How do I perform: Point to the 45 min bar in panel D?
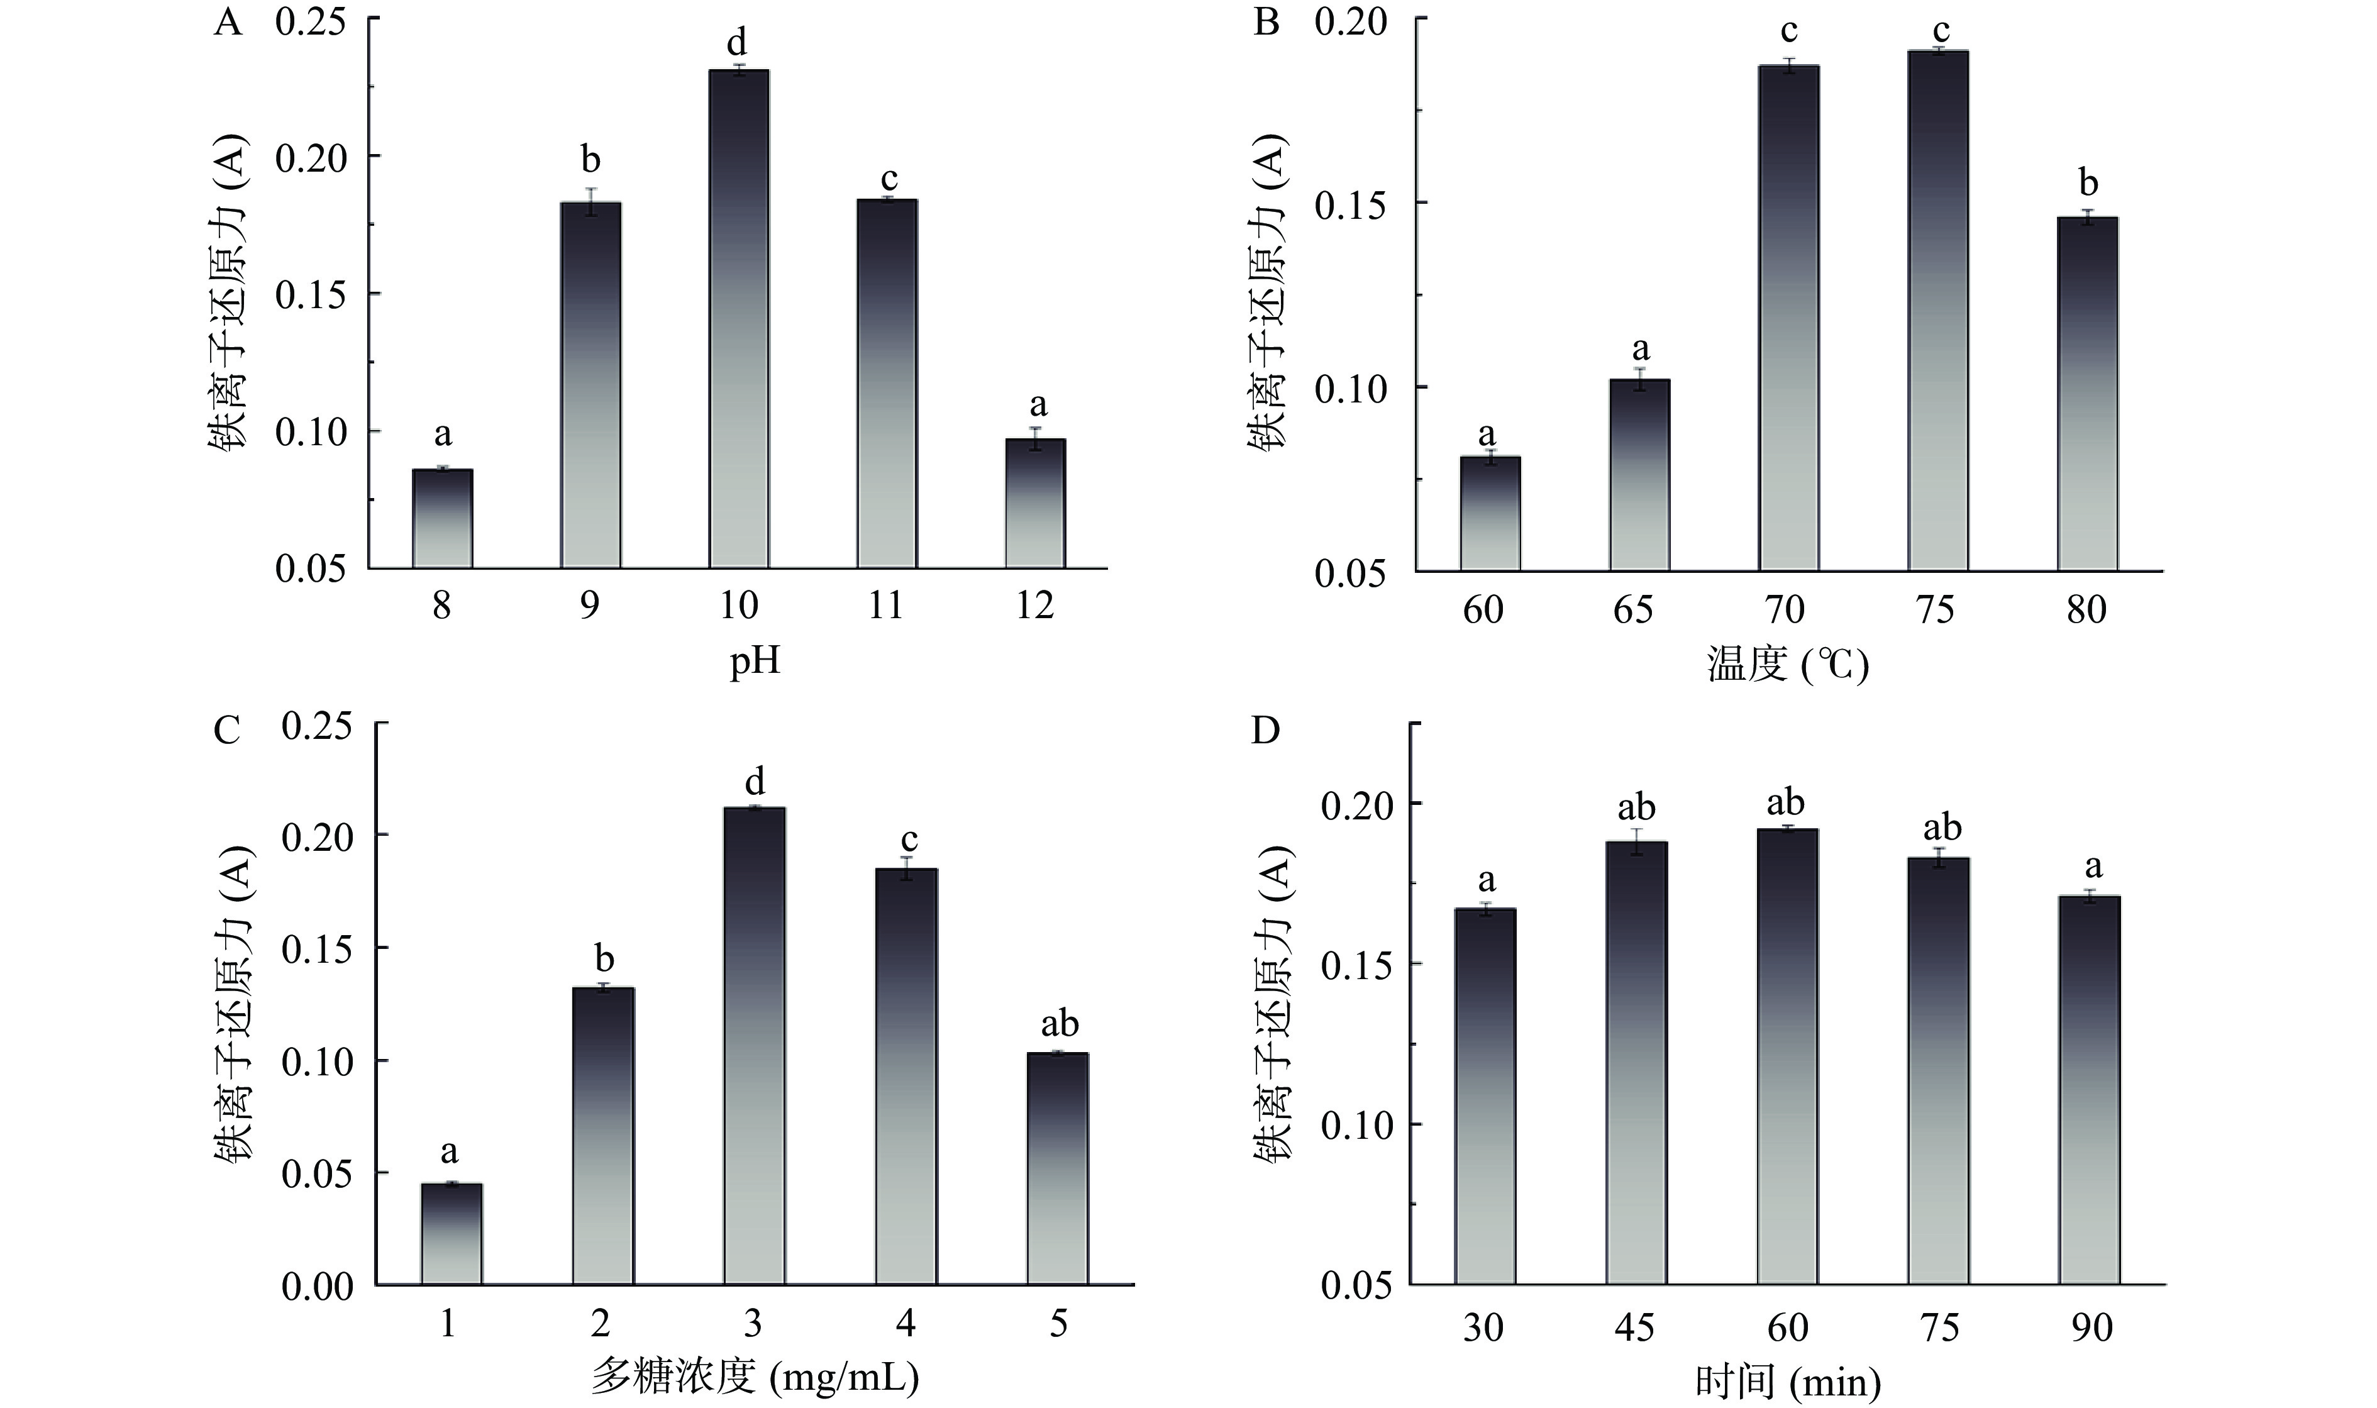click(x=1636, y=1063)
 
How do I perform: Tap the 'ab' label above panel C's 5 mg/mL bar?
click(x=1060, y=1024)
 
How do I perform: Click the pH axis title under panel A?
click(x=754, y=660)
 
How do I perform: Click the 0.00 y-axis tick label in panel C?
click(x=317, y=1287)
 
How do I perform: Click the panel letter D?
click(x=1266, y=731)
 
